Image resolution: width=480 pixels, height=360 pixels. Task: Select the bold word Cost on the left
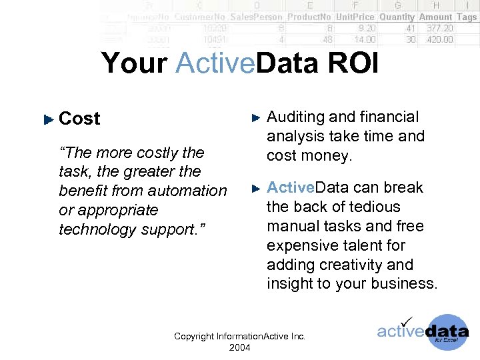click(x=79, y=119)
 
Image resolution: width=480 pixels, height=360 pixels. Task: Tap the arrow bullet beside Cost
click(x=47, y=120)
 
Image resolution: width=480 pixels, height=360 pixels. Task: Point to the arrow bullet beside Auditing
click(x=256, y=118)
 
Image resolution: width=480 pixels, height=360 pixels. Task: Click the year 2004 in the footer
click(x=239, y=347)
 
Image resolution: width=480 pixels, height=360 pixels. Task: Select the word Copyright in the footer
click(x=194, y=337)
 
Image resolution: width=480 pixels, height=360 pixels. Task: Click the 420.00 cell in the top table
click(x=440, y=39)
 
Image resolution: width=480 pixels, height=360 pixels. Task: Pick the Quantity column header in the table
click(x=397, y=17)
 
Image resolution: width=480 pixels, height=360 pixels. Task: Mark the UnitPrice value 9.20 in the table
click(x=366, y=29)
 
